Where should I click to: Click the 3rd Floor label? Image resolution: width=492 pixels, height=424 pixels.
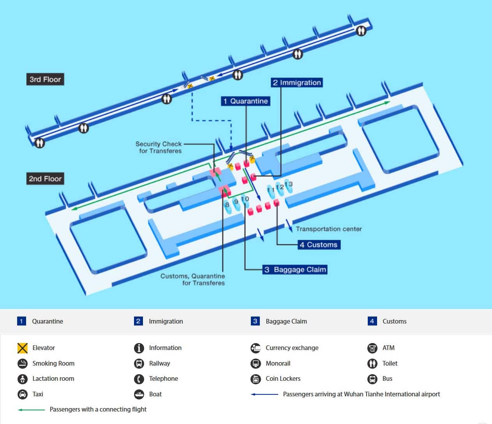pyautogui.click(x=45, y=79)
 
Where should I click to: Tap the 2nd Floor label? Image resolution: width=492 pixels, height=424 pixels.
pyautogui.click(x=45, y=179)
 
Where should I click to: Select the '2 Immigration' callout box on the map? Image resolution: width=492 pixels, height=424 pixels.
pyautogui.click(x=297, y=83)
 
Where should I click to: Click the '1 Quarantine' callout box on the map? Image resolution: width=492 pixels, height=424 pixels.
pyautogui.click(x=245, y=101)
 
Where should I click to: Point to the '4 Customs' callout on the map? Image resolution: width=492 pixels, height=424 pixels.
pyautogui.click(x=319, y=245)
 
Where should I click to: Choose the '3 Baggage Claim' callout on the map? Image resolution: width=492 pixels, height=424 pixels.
pyautogui.click(x=295, y=269)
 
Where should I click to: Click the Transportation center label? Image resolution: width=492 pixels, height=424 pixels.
pyautogui.click(x=328, y=229)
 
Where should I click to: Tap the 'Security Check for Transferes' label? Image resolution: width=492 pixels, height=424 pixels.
pyautogui.click(x=159, y=147)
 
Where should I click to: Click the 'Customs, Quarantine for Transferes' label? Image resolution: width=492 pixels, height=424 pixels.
pyautogui.click(x=193, y=279)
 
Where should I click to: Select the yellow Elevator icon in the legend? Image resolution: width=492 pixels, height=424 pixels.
pyautogui.click(x=23, y=348)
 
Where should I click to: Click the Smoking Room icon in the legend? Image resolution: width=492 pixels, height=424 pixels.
pyautogui.click(x=23, y=363)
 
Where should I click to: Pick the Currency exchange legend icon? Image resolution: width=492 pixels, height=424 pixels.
pyautogui.click(x=256, y=348)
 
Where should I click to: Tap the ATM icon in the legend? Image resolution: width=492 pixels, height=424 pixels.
pyautogui.click(x=372, y=348)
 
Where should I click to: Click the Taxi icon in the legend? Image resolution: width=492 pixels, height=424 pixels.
pyautogui.click(x=23, y=394)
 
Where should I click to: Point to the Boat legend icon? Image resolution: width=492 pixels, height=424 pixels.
pyautogui.click(x=139, y=394)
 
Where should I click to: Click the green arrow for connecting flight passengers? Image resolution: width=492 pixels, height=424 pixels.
pyautogui.click(x=31, y=410)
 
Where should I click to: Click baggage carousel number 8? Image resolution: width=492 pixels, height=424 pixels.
pyautogui.click(x=227, y=205)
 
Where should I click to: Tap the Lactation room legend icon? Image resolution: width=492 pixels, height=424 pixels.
pyautogui.click(x=23, y=378)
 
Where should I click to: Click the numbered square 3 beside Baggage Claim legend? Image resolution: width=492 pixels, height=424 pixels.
pyautogui.click(x=255, y=321)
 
